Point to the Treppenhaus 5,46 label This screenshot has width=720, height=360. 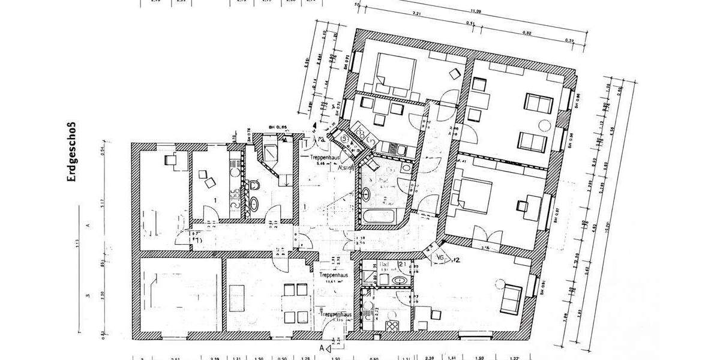coord(325,158)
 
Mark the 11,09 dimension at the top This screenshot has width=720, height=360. coord(476,10)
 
